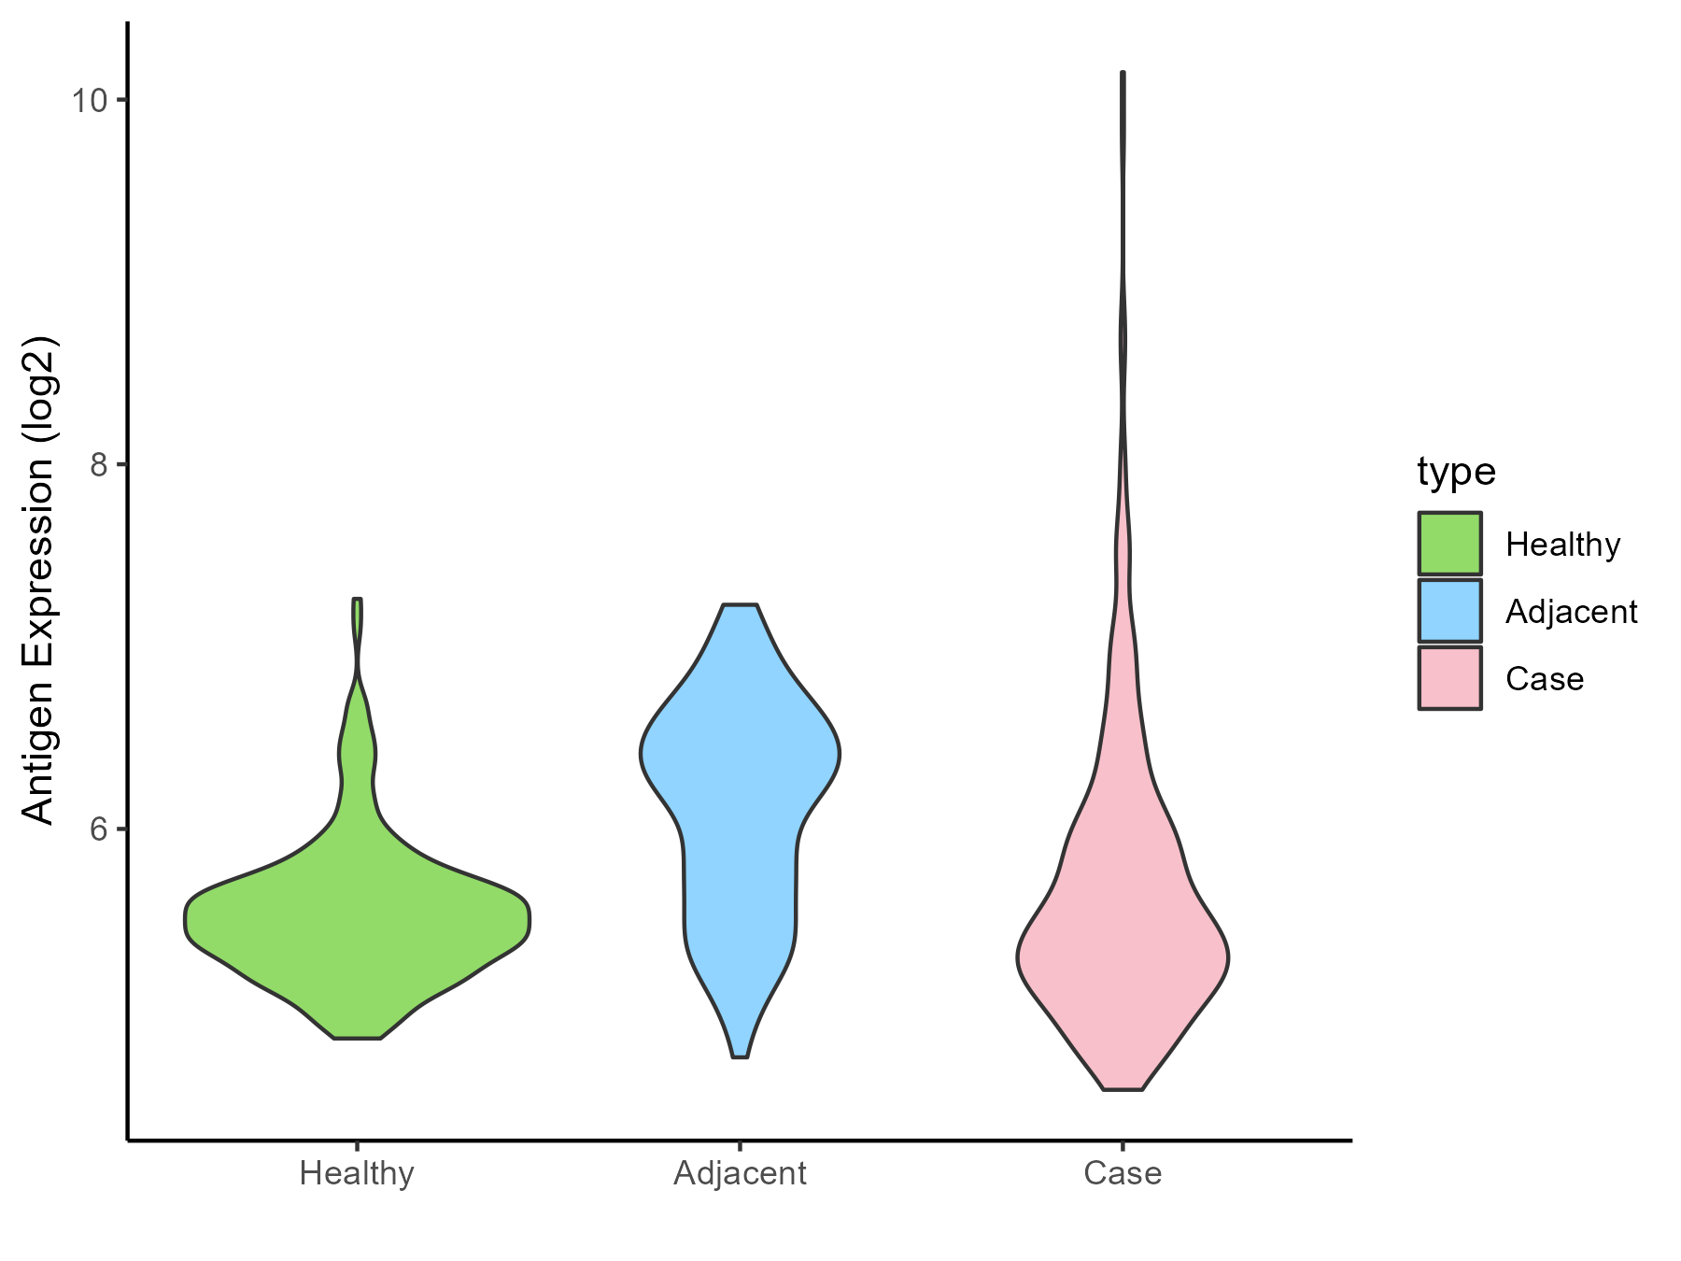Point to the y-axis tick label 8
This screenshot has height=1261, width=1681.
(96, 464)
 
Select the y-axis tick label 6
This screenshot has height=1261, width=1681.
(96, 829)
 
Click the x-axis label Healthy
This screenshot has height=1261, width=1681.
(357, 1173)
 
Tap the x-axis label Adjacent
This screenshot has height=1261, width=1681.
(740, 1173)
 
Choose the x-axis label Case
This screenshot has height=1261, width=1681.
(1123, 1173)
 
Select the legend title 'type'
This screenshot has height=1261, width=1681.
(1456, 472)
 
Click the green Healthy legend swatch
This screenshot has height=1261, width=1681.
(1449, 544)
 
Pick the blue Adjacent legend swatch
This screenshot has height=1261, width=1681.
(1449, 611)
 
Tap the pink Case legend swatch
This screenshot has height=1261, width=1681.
(1449, 678)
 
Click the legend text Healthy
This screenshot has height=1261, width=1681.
(1562, 545)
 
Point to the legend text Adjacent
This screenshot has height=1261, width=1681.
(1571, 612)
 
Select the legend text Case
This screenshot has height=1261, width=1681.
(1544, 679)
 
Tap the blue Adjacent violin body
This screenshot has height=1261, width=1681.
(740, 794)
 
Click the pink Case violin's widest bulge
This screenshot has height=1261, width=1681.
(1123, 957)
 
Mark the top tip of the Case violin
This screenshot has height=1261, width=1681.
(1123, 73)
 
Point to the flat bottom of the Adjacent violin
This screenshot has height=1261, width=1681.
(740, 1056)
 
